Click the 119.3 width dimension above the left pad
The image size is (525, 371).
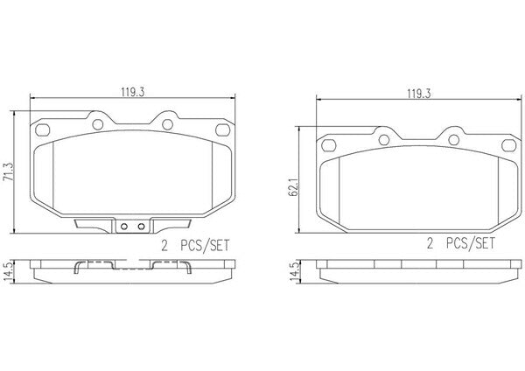pyautogui.click(x=133, y=92)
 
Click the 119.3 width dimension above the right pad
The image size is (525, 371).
pyautogui.click(x=419, y=94)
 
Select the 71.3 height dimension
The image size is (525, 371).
pyautogui.click(x=8, y=172)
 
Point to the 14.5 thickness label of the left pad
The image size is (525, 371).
pyautogui.click(x=8, y=271)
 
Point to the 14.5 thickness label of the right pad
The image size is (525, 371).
pyautogui.click(x=294, y=271)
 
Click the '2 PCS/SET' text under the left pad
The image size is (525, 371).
pyautogui.click(x=195, y=246)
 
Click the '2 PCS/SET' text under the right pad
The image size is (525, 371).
pyautogui.click(x=461, y=243)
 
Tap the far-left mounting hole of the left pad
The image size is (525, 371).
pyautogui.click(x=43, y=129)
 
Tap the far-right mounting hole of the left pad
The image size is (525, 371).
pyautogui.click(x=222, y=129)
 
